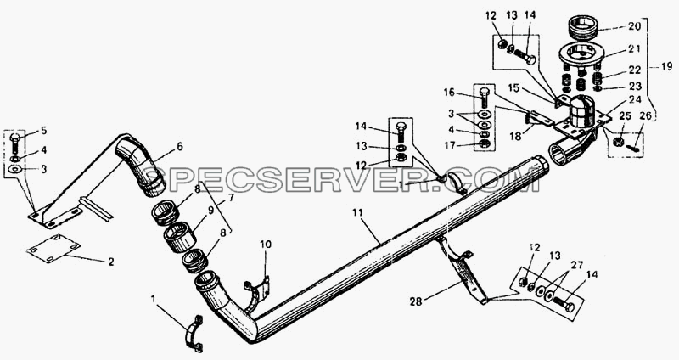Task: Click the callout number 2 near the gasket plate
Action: pos(111,262)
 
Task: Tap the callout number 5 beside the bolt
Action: pos(44,131)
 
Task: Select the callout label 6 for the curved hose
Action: pos(180,147)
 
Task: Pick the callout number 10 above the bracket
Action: pos(266,245)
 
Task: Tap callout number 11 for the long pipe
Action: pos(357,213)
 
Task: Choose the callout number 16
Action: pos(449,93)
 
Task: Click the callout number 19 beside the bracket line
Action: pos(666,66)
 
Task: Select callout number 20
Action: pos(634,26)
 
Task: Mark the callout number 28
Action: pos(416,301)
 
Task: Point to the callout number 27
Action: pos(577,265)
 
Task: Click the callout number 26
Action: pos(645,116)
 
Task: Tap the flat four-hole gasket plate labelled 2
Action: pos(53,248)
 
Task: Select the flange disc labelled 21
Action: pos(581,54)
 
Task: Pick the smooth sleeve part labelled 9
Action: pos(180,237)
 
